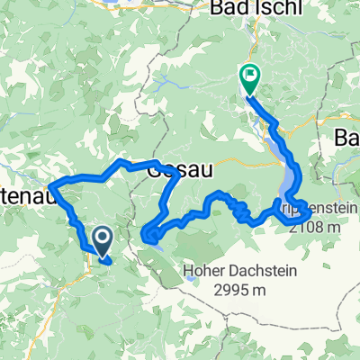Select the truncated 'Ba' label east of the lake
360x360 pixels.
point(346,137)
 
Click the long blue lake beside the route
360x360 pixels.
point(287,171)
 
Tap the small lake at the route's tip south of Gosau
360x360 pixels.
point(153,236)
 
